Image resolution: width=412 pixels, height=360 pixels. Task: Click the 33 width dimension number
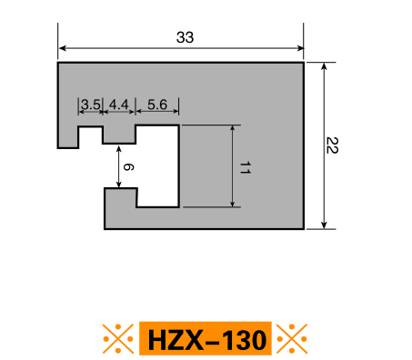pos(185,37)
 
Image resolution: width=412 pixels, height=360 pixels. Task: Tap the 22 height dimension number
pos(332,145)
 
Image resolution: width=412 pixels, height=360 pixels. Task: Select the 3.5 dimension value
pos(91,105)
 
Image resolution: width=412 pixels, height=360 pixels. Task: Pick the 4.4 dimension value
pos(119,105)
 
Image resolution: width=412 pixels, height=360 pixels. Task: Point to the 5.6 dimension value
pos(157,105)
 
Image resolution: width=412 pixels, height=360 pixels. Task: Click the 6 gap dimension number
pos(128,167)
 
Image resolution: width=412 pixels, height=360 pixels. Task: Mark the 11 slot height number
pos(245,167)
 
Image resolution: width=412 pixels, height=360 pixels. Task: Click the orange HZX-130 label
pos(206,338)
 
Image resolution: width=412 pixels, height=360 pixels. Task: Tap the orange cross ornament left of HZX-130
pos(118,338)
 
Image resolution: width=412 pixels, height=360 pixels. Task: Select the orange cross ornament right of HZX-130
pos(292,338)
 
